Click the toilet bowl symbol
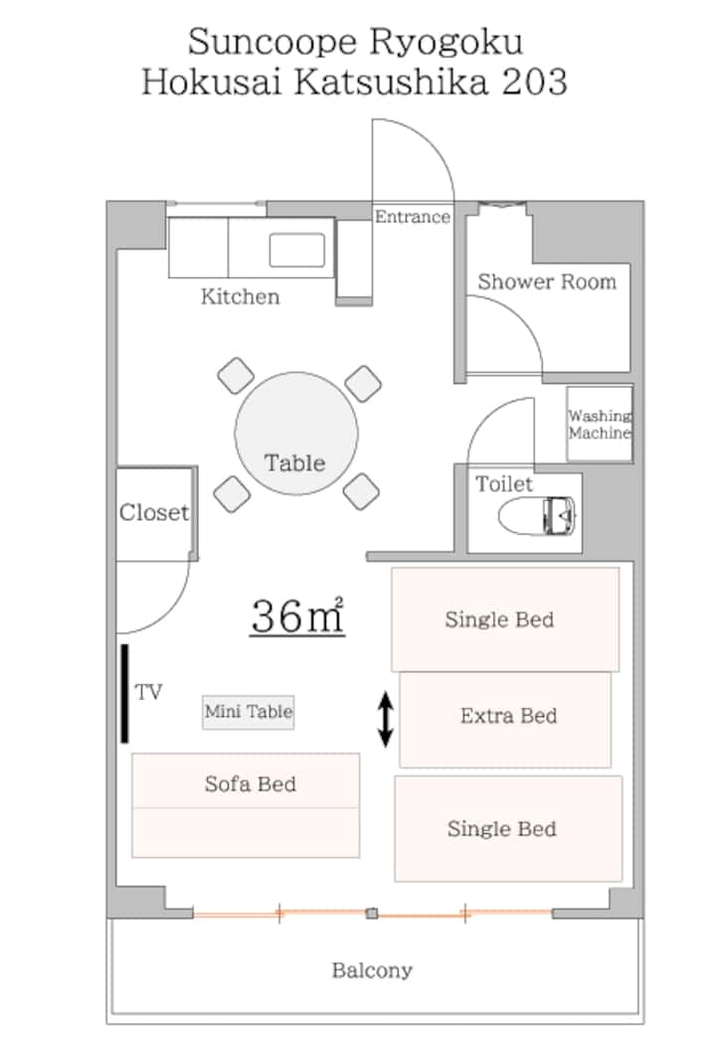point(537,515)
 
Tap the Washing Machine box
point(599,424)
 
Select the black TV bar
point(124,693)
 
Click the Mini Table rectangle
point(249,712)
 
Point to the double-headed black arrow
point(385,719)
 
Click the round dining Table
point(296,434)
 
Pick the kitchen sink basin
point(297,251)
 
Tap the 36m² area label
point(297,616)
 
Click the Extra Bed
point(505,720)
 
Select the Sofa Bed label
point(251,784)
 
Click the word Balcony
point(372,970)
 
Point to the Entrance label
point(413,217)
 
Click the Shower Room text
point(547,281)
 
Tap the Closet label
point(154,512)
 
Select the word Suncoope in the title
point(273,43)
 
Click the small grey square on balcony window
point(372,914)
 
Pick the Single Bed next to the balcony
point(509,828)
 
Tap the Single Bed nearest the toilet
point(505,619)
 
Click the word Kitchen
point(241,296)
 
